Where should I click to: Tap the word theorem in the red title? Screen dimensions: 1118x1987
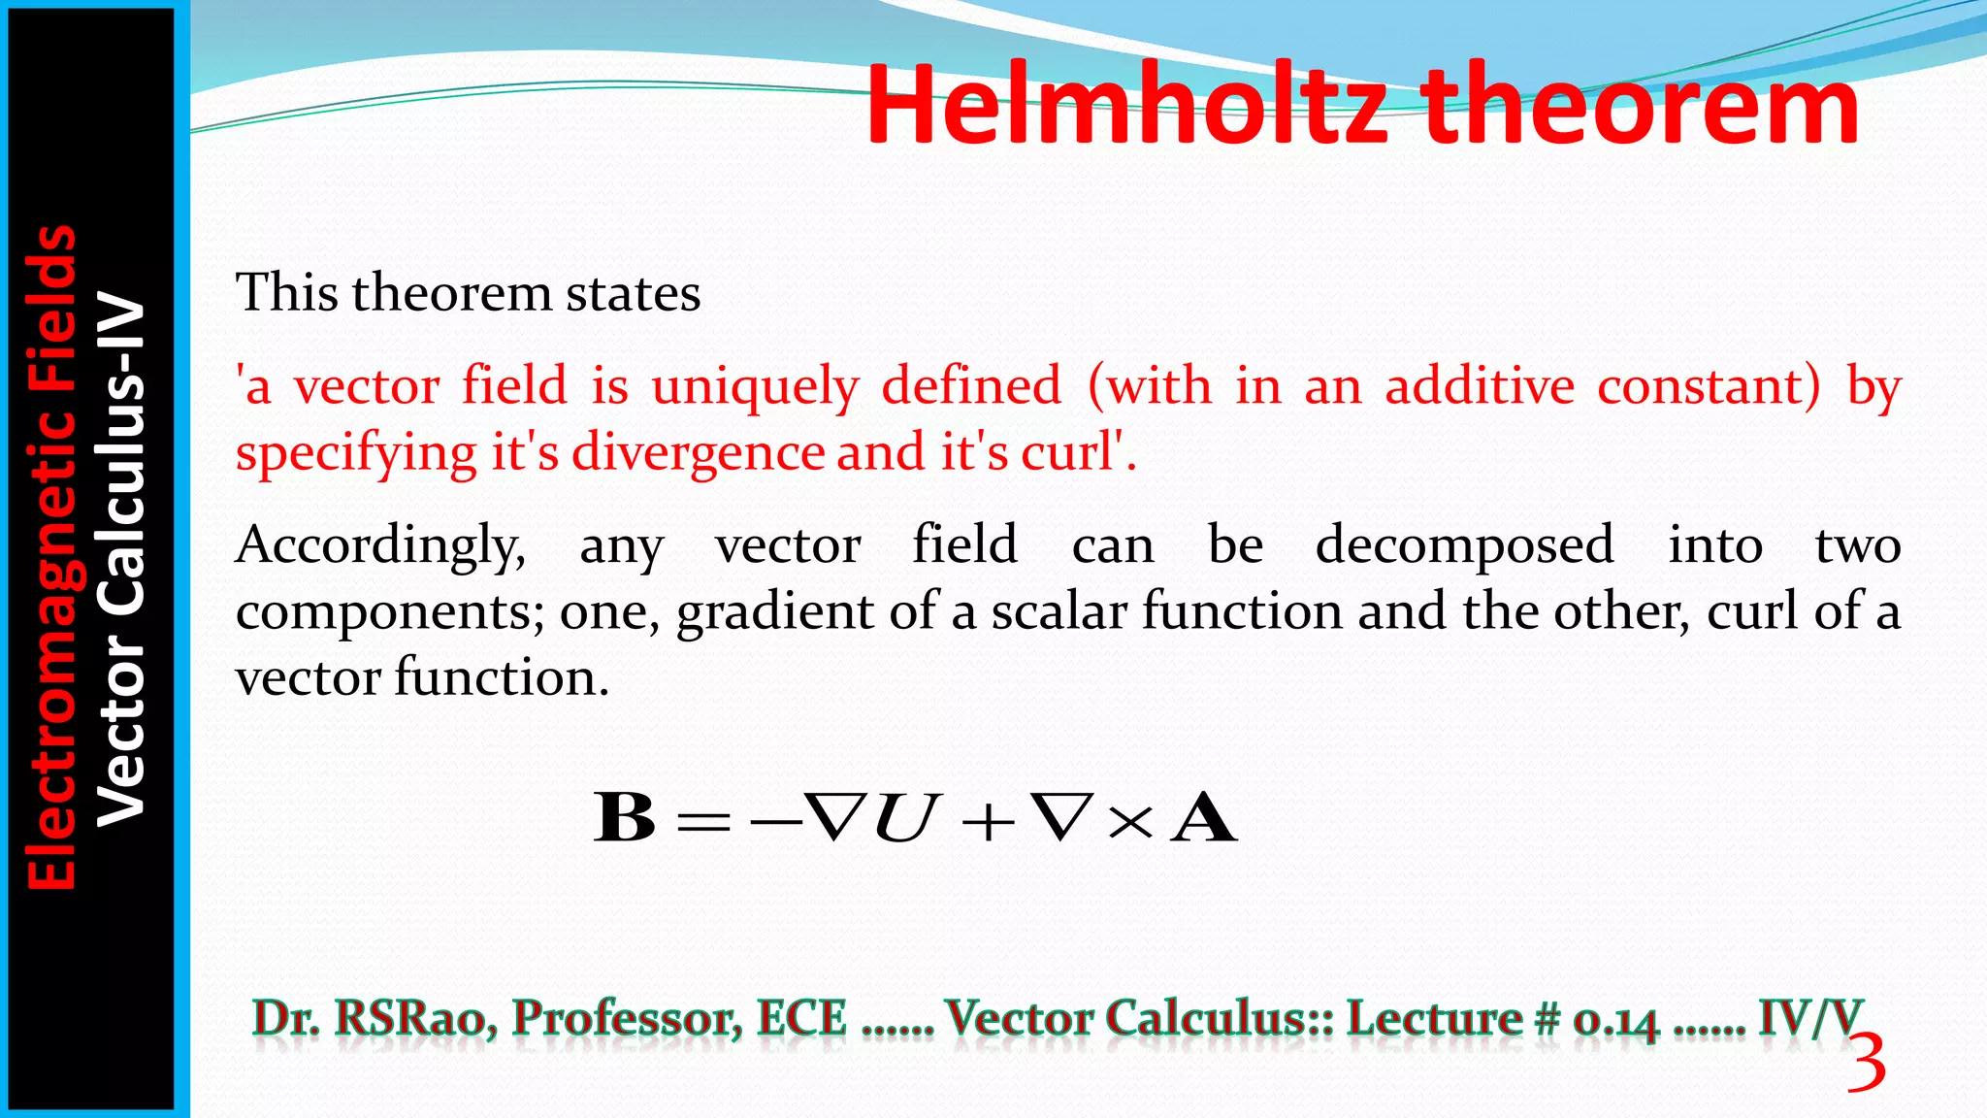[1641, 105]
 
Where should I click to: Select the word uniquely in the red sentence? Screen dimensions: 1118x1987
[755, 387]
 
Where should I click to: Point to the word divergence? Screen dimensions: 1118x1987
[698, 453]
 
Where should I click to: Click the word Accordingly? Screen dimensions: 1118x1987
[380, 545]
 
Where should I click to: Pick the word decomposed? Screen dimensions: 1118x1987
[1464, 545]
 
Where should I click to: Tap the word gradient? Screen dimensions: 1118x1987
[774, 612]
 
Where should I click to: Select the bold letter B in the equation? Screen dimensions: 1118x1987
[625, 818]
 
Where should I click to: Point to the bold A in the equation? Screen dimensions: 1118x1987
[1204, 818]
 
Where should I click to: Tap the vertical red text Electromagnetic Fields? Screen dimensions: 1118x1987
[51, 557]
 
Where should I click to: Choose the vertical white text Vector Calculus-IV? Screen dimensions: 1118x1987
[121, 559]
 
